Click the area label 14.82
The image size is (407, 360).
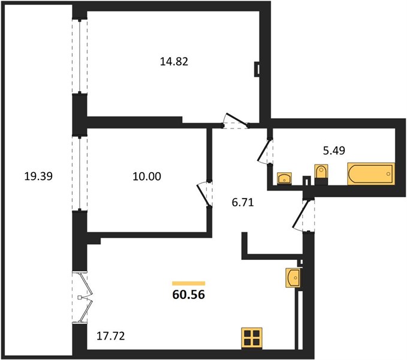(174, 62)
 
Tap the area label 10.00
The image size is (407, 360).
(147, 176)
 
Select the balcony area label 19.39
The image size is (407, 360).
(38, 176)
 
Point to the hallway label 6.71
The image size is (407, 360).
(243, 202)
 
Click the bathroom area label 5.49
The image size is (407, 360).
(334, 151)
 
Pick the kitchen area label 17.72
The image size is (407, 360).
(110, 336)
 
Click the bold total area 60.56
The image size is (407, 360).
(189, 295)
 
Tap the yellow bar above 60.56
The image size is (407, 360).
(189, 283)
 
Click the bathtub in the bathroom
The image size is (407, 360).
(371, 174)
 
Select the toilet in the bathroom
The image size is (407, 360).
(321, 175)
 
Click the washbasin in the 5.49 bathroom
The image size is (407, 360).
(284, 178)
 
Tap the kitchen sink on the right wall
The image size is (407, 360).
(293, 278)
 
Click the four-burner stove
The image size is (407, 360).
(252, 338)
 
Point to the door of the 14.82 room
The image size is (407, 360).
(236, 120)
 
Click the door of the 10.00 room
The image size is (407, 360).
(204, 194)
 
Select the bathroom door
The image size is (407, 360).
(265, 151)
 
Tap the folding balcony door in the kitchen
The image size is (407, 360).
(83, 298)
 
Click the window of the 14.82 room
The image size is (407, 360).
(80, 56)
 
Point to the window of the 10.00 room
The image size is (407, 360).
(80, 173)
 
